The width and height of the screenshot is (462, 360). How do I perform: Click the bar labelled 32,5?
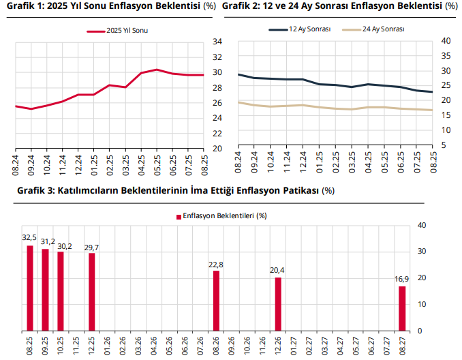coord(30,287)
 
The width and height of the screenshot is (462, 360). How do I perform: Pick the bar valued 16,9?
coord(402,308)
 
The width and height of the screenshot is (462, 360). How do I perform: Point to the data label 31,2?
coord(46,241)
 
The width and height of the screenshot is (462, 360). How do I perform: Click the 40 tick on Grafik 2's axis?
coord(446,41)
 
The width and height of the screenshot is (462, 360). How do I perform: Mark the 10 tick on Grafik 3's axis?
coord(421,304)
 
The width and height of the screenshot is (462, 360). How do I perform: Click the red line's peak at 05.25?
coord(157,70)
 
